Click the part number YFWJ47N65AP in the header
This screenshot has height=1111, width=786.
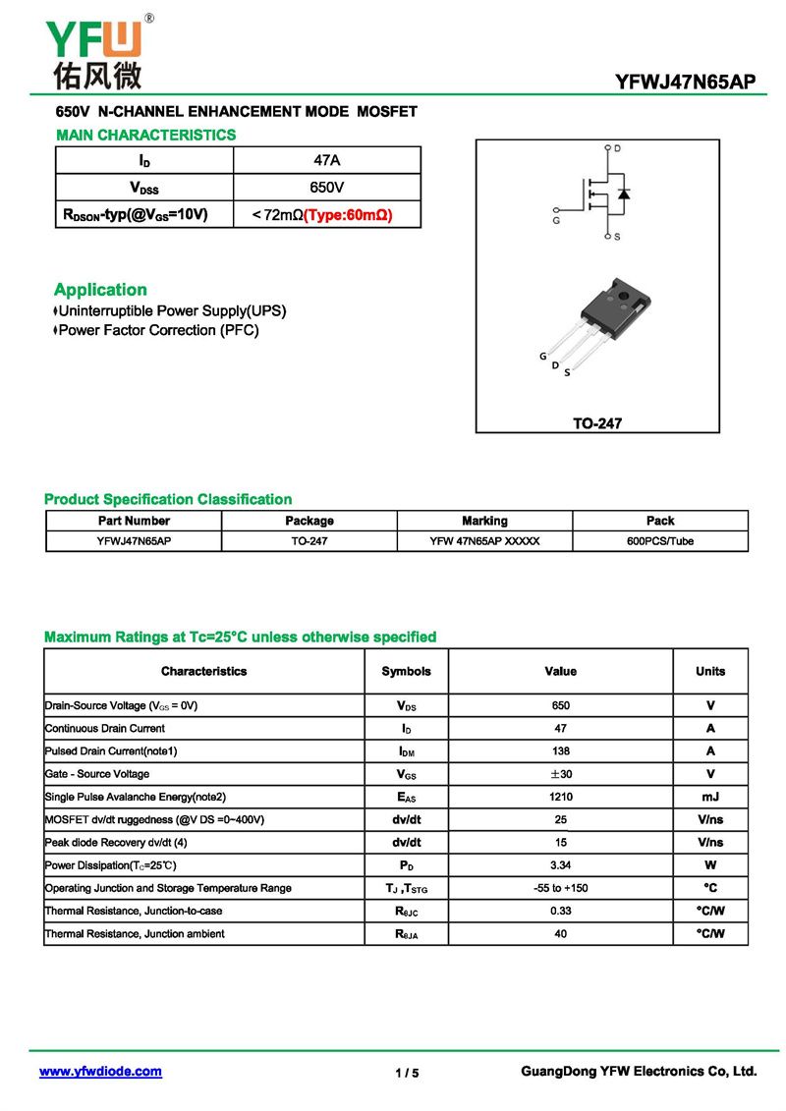[685, 83]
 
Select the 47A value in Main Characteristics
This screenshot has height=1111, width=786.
[326, 160]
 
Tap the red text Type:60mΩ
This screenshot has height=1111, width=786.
[348, 214]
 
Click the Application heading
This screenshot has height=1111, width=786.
[100, 290]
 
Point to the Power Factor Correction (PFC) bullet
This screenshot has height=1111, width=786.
[158, 331]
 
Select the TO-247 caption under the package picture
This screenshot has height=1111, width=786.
[597, 424]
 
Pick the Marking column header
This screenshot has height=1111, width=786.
[484, 521]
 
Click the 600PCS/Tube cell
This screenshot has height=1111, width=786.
[659, 541]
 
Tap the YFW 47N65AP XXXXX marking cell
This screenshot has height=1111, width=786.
[484, 541]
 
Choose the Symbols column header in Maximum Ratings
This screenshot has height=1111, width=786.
[406, 672]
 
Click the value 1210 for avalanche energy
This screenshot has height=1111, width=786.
[560, 797]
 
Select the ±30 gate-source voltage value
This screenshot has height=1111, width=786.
[560, 774]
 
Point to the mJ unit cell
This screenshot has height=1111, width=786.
[709, 797]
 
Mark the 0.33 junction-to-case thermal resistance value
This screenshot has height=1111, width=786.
[560, 911]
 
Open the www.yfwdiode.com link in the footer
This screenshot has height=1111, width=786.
[100, 1072]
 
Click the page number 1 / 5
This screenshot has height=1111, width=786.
[407, 1073]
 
